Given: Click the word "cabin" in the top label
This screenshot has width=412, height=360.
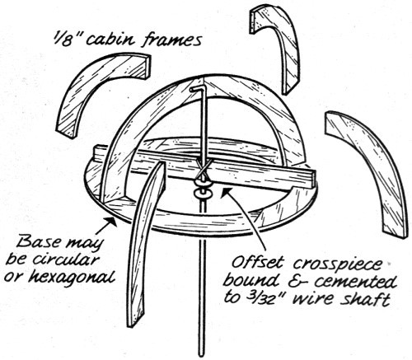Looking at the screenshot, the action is pos(112,39).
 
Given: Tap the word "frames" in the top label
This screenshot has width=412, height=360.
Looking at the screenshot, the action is pos(172,39).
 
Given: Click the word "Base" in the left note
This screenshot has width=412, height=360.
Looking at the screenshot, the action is pos(38,242).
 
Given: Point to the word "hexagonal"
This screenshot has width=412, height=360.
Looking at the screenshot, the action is pos(72,277).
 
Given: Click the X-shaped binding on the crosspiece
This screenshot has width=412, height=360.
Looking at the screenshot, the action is pos(204,168).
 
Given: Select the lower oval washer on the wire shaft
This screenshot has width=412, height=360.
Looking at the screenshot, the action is pos(203,194).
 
